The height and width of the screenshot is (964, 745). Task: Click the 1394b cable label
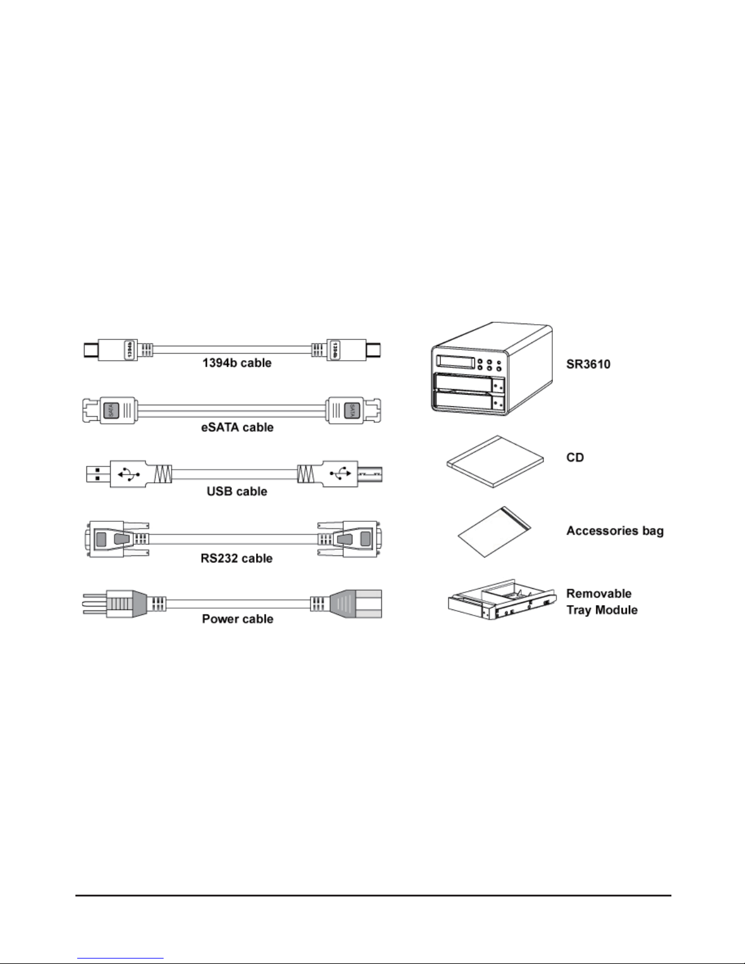(237, 363)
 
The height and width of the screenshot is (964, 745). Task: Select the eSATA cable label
(238, 427)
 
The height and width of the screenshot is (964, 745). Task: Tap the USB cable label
(237, 491)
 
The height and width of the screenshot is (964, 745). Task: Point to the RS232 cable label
(237, 558)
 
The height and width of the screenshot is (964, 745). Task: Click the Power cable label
(237, 619)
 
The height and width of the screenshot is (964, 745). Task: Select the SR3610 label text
(587, 364)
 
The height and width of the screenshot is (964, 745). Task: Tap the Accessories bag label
(615, 530)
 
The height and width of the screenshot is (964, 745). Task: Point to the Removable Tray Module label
(601, 602)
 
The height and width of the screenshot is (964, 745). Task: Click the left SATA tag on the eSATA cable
(110, 411)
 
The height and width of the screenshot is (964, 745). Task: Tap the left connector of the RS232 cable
(109, 539)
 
